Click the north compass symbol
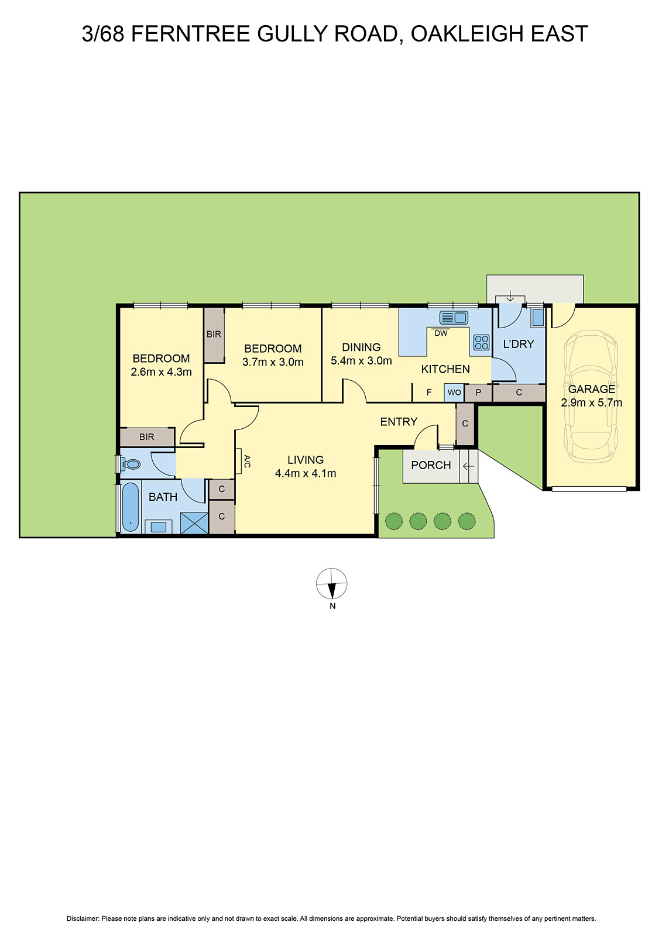(x=332, y=584)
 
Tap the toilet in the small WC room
(x=131, y=464)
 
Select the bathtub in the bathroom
(x=131, y=507)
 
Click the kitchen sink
(x=454, y=318)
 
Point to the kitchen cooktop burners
(x=481, y=342)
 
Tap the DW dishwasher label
(x=441, y=333)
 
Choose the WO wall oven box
(x=454, y=393)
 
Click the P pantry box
(x=478, y=393)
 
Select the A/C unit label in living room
(x=246, y=461)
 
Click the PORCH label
(x=431, y=465)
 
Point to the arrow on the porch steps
(x=468, y=466)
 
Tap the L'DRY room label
(x=519, y=344)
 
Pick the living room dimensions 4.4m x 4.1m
(x=306, y=473)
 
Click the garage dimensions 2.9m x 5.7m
(x=591, y=402)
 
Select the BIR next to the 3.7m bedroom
(x=214, y=335)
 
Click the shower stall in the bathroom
(x=194, y=523)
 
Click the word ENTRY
(x=399, y=422)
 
